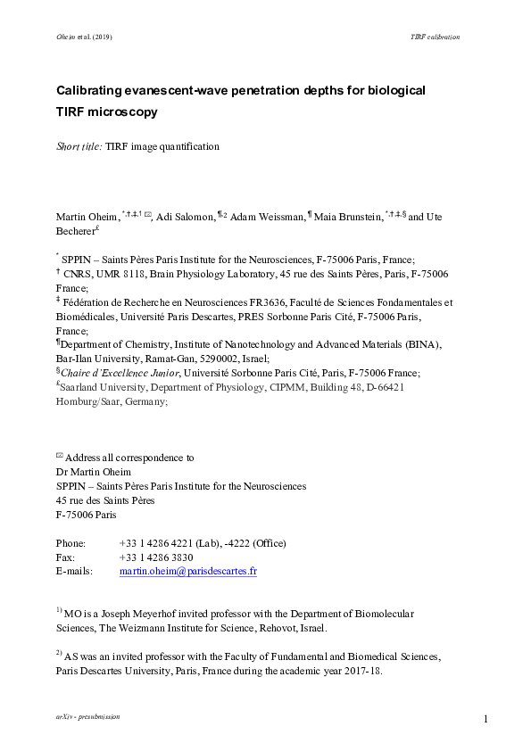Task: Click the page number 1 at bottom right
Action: click(486, 719)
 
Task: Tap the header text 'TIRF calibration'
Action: click(435, 37)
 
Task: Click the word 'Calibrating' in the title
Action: click(93, 91)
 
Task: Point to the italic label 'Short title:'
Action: click(79, 146)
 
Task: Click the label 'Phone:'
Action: click(71, 543)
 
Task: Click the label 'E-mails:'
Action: click(75, 571)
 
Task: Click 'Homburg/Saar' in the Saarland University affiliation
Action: click(86, 401)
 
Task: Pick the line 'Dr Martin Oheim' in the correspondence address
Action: click(90, 472)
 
